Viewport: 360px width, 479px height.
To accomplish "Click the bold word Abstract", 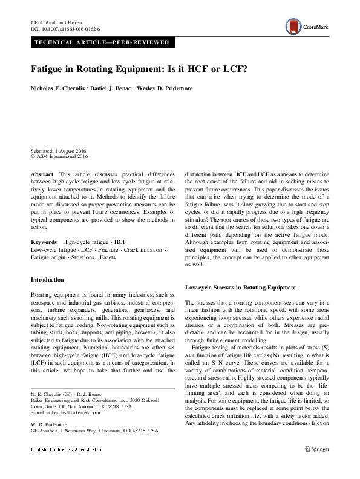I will [42, 174].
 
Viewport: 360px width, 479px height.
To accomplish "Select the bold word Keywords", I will [44, 242].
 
